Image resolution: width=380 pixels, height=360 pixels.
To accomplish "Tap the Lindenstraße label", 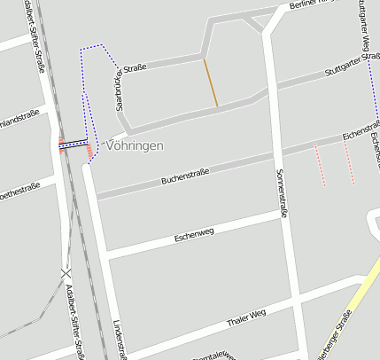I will (x=120, y=338).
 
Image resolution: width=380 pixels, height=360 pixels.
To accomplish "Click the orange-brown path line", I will (x=211, y=83).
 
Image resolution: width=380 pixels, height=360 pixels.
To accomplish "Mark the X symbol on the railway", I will (x=66, y=273).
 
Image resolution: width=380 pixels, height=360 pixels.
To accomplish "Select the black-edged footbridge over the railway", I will (x=74, y=145).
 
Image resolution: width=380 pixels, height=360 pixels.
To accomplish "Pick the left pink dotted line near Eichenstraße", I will (x=320, y=166).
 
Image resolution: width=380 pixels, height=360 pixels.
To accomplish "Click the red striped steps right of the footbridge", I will (x=89, y=152).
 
